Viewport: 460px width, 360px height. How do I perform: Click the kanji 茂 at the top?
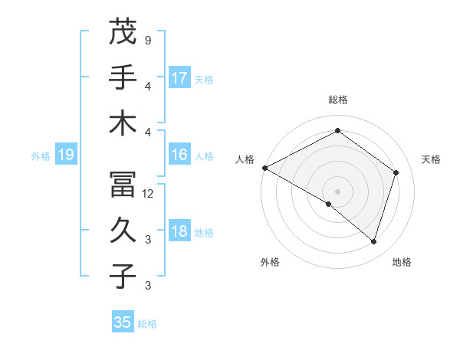click(x=123, y=33)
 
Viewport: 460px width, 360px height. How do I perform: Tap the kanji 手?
click(x=123, y=77)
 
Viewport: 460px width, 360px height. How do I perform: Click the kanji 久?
click(x=123, y=231)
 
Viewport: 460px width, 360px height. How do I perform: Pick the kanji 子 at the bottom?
click(x=123, y=276)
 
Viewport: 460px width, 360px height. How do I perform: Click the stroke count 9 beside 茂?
click(x=147, y=39)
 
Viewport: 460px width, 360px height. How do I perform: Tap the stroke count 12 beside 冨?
click(x=148, y=194)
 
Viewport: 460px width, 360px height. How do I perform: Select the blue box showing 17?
click(x=179, y=78)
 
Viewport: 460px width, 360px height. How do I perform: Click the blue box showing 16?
click(x=179, y=155)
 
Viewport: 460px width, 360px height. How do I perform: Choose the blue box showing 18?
click(x=179, y=232)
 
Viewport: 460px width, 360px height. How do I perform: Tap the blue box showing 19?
click(x=65, y=155)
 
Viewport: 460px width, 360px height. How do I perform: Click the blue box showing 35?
click(x=123, y=322)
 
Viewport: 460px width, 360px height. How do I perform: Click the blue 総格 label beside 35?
click(x=147, y=324)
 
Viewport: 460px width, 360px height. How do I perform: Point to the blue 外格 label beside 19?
click(x=41, y=156)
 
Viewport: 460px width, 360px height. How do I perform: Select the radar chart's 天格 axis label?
click(x=432, y=159)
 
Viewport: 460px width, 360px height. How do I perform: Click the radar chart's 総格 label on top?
click(x=337, y=100)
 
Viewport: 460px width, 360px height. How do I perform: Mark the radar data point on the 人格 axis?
click(x=264, y=168)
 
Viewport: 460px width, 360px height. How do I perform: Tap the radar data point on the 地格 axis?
click(x=373, y=241)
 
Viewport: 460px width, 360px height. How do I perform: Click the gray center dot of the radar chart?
click(x=337, y=191)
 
